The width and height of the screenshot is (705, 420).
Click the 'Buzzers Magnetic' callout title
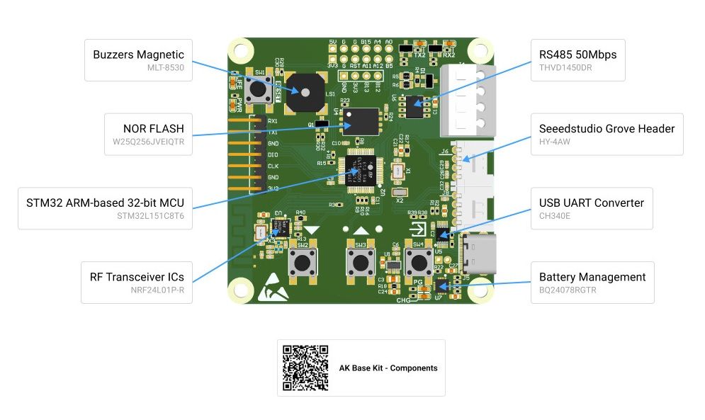[x=138, y=55]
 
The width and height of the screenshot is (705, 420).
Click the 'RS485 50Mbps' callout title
[x=577, y=55]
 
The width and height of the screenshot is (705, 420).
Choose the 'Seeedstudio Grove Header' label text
[x=607, y=128]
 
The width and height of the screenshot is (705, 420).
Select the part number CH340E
[x=557, y=215]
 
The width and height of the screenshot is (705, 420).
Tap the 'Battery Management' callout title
[x=592, y=277]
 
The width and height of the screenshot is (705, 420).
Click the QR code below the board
[x=305, y=368]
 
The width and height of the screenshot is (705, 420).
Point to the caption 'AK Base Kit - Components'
[x=388, y=368]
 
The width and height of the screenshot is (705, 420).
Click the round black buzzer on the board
[x=303, y=92]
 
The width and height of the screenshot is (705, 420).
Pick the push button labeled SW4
[x=419, y=262]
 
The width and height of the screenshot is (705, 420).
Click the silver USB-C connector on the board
[x=478, y=253]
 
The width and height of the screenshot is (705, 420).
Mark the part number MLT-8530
[x=167, y=67]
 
